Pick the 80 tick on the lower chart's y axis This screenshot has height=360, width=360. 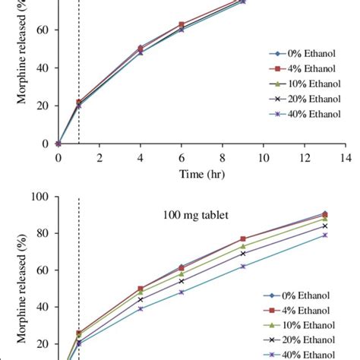(43, 233)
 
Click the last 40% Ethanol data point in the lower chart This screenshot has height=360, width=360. (325, 235)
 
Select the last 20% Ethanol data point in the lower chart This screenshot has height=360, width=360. (325, 226)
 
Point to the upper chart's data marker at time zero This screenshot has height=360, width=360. (58, 143)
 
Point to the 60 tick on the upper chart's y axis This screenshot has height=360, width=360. (43, 30)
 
